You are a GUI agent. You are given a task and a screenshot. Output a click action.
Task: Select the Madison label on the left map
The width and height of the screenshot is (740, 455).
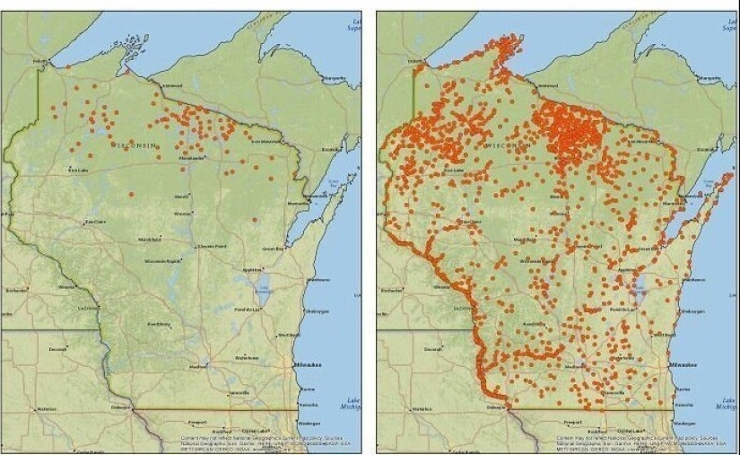coord(198,366)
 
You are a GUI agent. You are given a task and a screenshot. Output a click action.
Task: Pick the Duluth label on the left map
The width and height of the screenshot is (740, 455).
coord(39,61)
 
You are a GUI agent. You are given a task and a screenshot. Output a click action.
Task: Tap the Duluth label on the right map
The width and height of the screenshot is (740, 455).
coord(414,61)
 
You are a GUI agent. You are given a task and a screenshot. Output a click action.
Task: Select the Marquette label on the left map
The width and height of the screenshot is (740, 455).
coord(334,78)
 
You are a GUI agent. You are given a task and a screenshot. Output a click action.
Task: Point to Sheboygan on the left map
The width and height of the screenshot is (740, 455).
coord(318,311)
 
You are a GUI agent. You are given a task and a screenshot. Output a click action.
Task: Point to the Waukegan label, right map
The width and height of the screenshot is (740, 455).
coord(685,423)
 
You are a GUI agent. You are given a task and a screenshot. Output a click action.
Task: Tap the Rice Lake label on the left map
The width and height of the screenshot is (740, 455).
coord(79,170)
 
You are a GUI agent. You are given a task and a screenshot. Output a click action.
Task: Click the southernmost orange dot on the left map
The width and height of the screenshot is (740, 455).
coord(255,219)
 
